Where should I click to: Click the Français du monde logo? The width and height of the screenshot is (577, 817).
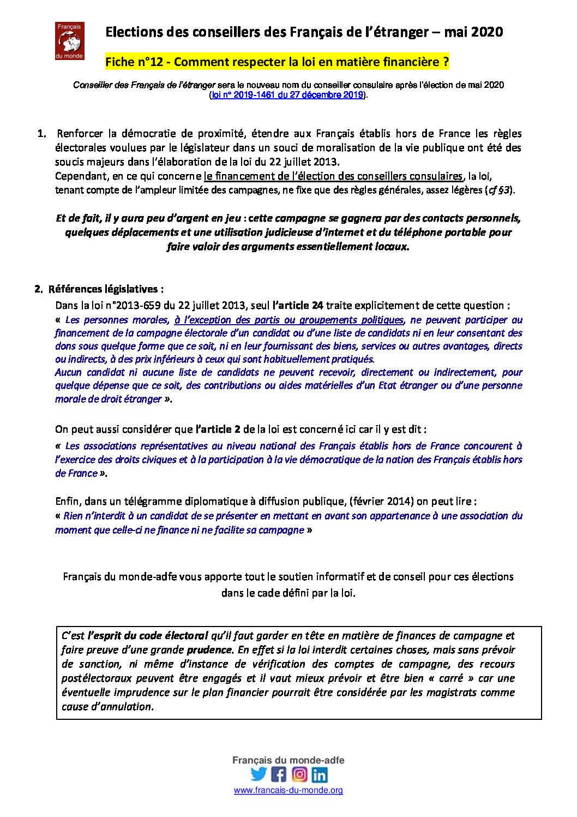tap(69, 41)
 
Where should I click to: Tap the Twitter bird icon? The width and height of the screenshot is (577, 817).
tap(259, 774)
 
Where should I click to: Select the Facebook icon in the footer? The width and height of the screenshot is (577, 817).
tap(279, 774)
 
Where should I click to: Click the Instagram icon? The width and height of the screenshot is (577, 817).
tap(299, 774)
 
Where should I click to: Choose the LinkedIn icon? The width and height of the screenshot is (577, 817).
tap(320, 774)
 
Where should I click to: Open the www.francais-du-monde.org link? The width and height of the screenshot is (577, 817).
tap(288, 790)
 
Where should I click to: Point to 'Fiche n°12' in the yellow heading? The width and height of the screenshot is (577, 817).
tap(134, 62)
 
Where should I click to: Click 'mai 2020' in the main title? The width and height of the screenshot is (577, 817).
tap(473, 32)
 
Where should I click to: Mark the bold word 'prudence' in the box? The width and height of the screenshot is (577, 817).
tap(209, 650)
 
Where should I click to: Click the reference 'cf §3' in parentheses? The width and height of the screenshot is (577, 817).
tap(499, 190)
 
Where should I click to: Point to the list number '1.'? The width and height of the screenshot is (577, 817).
tap(42, 134)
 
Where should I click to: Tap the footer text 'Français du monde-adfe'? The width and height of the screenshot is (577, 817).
tap(288, 760)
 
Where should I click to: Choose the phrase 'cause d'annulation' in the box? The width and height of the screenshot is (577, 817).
tap(107, 707)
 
